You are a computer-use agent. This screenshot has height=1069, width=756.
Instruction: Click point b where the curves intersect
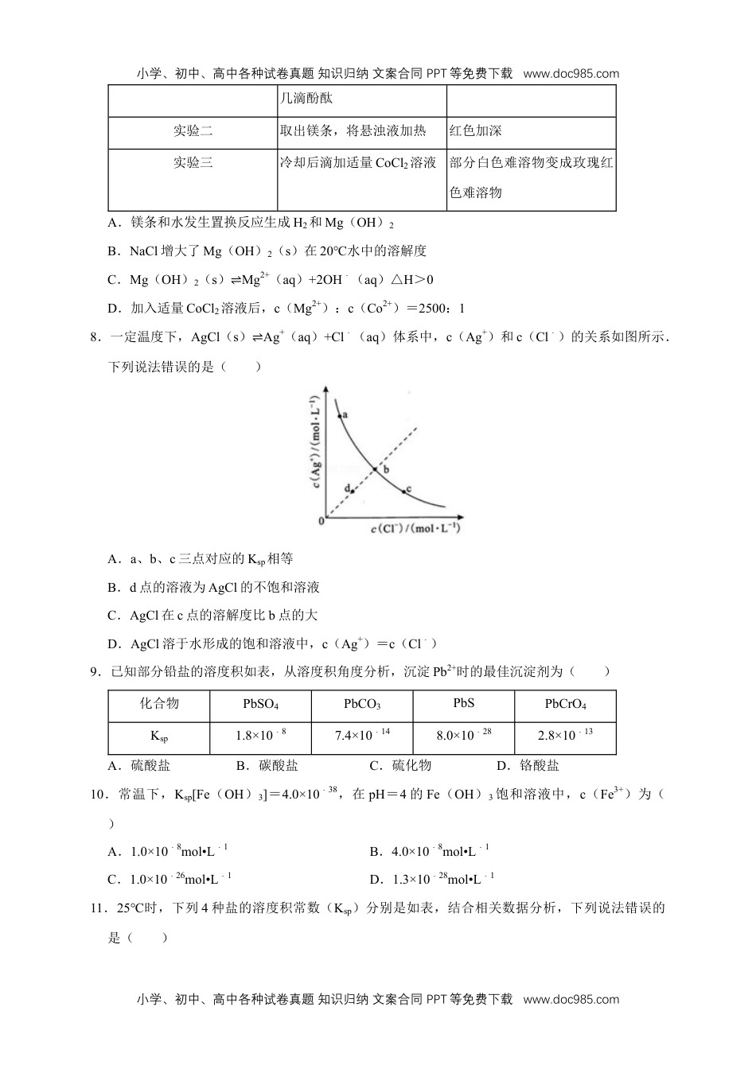click(x=376, y=469)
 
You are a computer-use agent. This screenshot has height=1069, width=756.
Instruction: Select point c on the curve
click(x=403, y=491)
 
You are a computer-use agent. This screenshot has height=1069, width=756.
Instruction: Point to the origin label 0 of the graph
click(x=321, y=521)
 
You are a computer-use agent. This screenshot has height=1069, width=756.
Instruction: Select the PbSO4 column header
click(x=260, y=705)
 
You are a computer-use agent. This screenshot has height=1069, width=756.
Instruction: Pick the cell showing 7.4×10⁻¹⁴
click(x=362, y=735)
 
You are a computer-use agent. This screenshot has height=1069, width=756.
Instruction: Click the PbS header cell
click(x=464, y=704)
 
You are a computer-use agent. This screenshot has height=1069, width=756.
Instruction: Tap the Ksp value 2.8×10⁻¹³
click(x=565, y=735)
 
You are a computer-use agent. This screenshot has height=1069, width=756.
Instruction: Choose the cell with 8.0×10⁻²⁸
click(x=464, y=735)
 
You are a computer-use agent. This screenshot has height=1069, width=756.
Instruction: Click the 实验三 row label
click(x=193, y=163)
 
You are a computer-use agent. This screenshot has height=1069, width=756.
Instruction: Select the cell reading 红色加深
click(x=476, y=131)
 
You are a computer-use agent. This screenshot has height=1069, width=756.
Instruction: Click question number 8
click(x=95, y=337)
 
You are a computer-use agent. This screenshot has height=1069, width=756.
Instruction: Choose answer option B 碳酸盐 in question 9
click(x=267, y=766)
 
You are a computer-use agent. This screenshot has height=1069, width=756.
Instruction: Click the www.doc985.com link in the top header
click(x=571, y=74)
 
